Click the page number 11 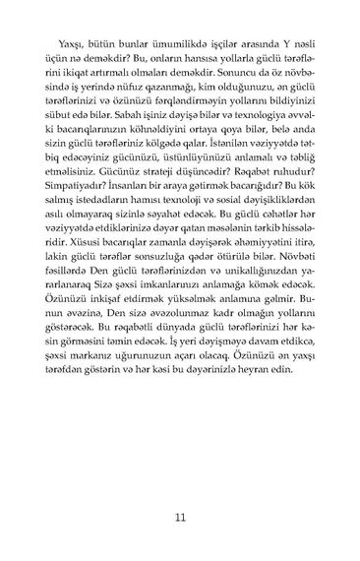click(x=179, y=518)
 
